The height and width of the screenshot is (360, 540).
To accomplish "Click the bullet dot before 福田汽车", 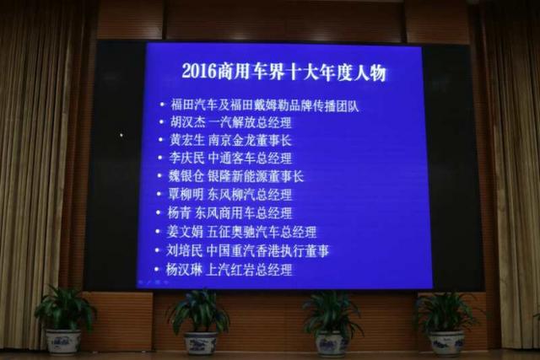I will [162, 105].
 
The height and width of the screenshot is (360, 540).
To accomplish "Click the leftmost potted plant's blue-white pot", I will [63, 341].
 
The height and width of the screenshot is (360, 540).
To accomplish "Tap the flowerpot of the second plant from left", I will [200, 342].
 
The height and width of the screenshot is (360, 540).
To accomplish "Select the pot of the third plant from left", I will [331, 343].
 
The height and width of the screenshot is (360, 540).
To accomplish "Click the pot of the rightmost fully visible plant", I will [446, 341].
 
